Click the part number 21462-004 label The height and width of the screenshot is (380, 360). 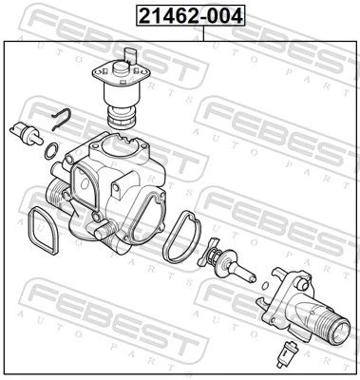[x=191, y=16]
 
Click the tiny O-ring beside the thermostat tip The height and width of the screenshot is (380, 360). [x=265, y=285]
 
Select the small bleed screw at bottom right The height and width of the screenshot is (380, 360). [x=286, y=352]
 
